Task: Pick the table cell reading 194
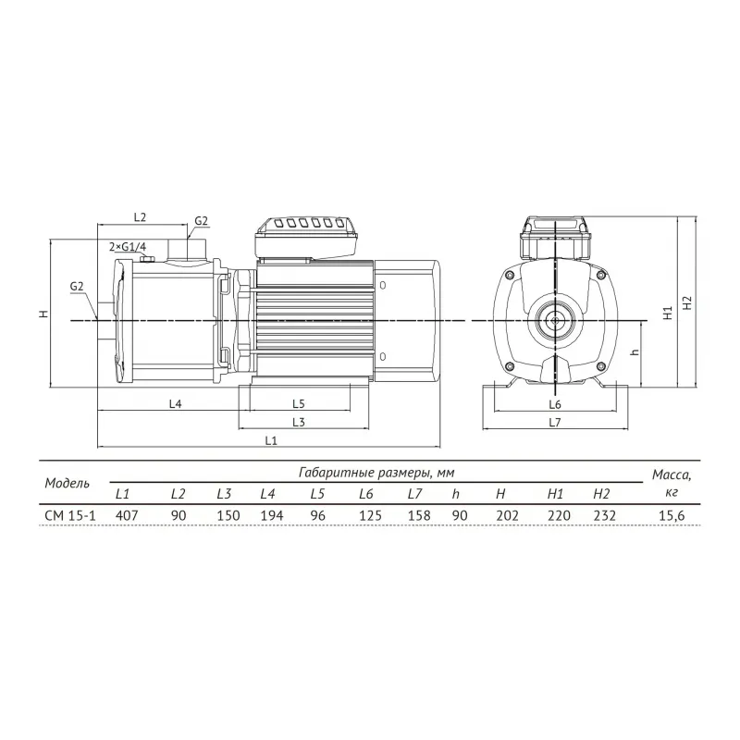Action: pos(268,515)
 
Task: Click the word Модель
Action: pos(68,483)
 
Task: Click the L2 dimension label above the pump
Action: pos(141,217)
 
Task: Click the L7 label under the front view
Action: pos(555,422)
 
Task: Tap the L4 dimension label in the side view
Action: pos(175,404)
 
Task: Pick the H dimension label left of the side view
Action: pos(43,314)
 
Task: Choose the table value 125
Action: pos(365,515)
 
